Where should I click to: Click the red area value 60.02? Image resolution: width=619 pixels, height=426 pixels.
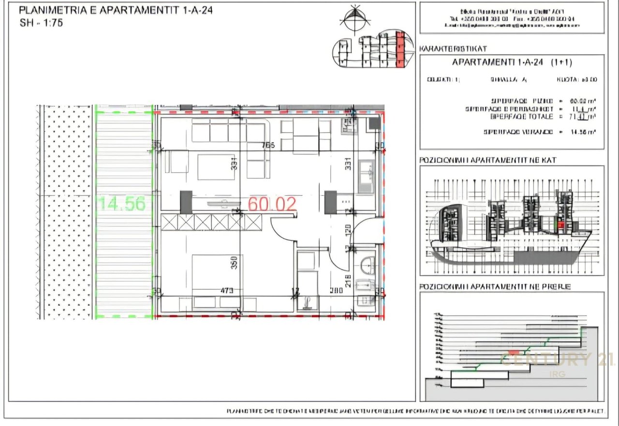pos(272,204)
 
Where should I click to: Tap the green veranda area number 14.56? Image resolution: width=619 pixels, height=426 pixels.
pos(122,204)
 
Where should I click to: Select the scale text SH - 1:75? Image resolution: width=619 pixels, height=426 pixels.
pos(41,22)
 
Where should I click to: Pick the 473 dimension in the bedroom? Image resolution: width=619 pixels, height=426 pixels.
pos(227,291)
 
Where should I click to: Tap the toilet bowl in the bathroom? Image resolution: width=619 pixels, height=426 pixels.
pos(368,266)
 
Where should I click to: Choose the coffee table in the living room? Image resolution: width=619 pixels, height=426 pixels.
pos(216,167)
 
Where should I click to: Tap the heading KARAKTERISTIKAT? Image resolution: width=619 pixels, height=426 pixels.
pos(453,49)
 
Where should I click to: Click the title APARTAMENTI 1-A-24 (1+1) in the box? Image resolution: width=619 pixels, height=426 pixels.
pos(512,62)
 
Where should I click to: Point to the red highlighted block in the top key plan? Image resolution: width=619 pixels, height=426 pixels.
pos(399,49)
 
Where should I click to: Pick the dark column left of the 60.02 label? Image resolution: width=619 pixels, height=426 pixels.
pos(186,202)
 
